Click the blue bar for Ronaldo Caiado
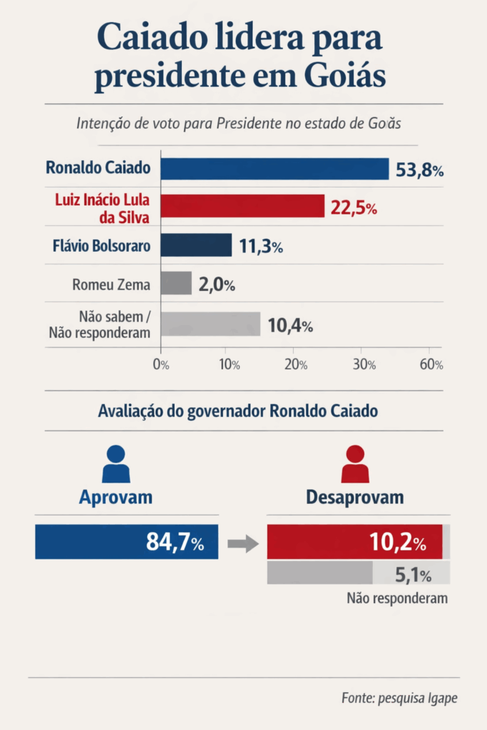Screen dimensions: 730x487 (x=275, y=169)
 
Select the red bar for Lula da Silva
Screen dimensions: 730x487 (x=242, y=207)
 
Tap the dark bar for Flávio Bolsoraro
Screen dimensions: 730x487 (x=196, y=245)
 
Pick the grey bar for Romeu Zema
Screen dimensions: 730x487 (x=176, y=284)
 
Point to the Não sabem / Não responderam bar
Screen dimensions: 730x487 (x=210, y=324)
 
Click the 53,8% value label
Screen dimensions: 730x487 (x=420, y=170)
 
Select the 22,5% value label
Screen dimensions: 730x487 (x=354, y=208)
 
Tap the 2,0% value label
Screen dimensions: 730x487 (x=216, y=284)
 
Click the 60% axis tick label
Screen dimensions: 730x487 (x=431, y=364)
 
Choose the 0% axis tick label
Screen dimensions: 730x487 (x=161, y=364)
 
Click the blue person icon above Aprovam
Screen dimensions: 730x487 (x=116, y=465)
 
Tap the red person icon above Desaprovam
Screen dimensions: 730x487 (x=354, y=465)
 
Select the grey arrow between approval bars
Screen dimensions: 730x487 (x=243, y=545)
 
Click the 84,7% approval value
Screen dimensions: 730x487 (x=175, y=543)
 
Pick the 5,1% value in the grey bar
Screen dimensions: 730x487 (x=413, y=573)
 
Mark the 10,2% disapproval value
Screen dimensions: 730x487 (x=397, y=543)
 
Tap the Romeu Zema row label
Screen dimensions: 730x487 (x=111, y=284)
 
